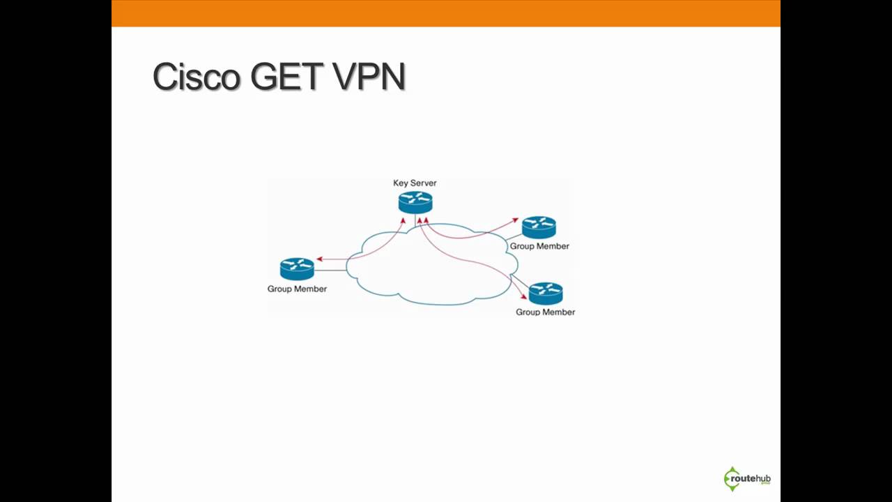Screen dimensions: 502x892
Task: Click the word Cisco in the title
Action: (197, 77)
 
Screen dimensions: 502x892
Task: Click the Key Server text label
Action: (415, 183)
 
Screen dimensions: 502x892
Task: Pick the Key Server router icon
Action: (415, 202)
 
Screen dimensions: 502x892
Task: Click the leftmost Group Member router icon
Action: (297, 268)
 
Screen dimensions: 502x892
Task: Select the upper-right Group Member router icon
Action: (539, 227)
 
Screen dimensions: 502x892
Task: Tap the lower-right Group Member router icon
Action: (546, 293)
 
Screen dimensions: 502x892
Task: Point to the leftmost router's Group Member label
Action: (297, 289)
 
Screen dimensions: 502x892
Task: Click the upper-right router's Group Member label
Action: (539, 246)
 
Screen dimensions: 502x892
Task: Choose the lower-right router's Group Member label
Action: (545, 312)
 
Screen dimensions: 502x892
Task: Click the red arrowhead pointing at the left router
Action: (320, 259)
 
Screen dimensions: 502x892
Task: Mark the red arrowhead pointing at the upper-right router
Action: (515, 220)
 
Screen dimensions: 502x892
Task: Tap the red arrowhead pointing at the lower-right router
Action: (523, 297)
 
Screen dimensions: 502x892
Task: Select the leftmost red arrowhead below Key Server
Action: (403, 221)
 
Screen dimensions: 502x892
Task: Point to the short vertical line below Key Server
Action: (415, 220)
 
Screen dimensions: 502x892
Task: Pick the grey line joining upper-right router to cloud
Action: (514, 238)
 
